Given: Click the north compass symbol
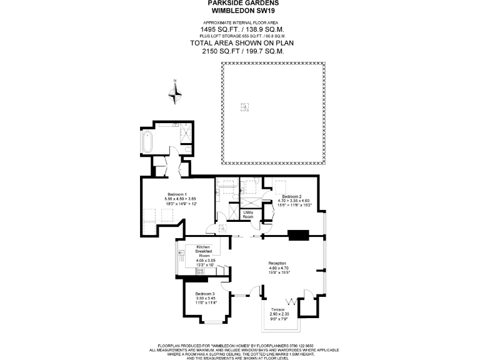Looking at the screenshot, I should click(176, 92).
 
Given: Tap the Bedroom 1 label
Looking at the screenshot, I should click(177, 194).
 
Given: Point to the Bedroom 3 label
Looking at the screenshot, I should click(204, 294).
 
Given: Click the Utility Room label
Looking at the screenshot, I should click(248, 214).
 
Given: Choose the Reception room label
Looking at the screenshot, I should click(277, 263).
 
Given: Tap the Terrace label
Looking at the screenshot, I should click(278, 310).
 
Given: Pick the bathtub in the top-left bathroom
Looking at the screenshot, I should click(147, 142).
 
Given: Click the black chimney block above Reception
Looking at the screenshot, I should click(298, 235).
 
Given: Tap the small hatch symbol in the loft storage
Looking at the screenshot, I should click(244, 106).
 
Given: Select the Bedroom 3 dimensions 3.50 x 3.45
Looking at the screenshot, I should click(204, 299).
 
